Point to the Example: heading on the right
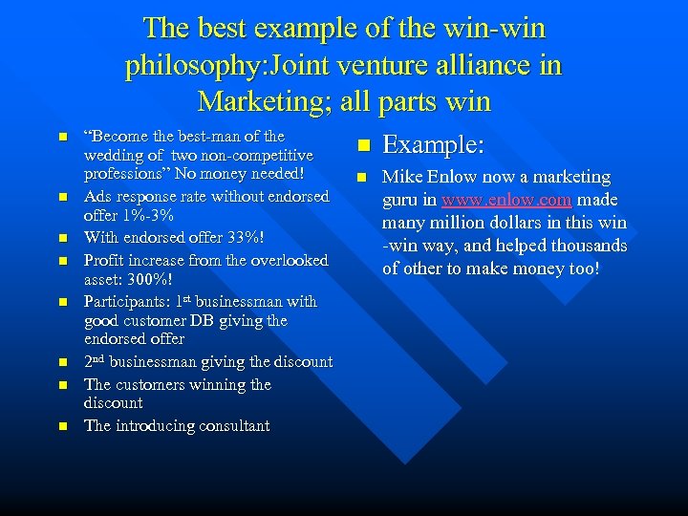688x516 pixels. click(x=434, y=144)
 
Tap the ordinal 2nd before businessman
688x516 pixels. click(x=97, y=361)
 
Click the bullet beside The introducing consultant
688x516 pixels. click(x=63, y=426)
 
